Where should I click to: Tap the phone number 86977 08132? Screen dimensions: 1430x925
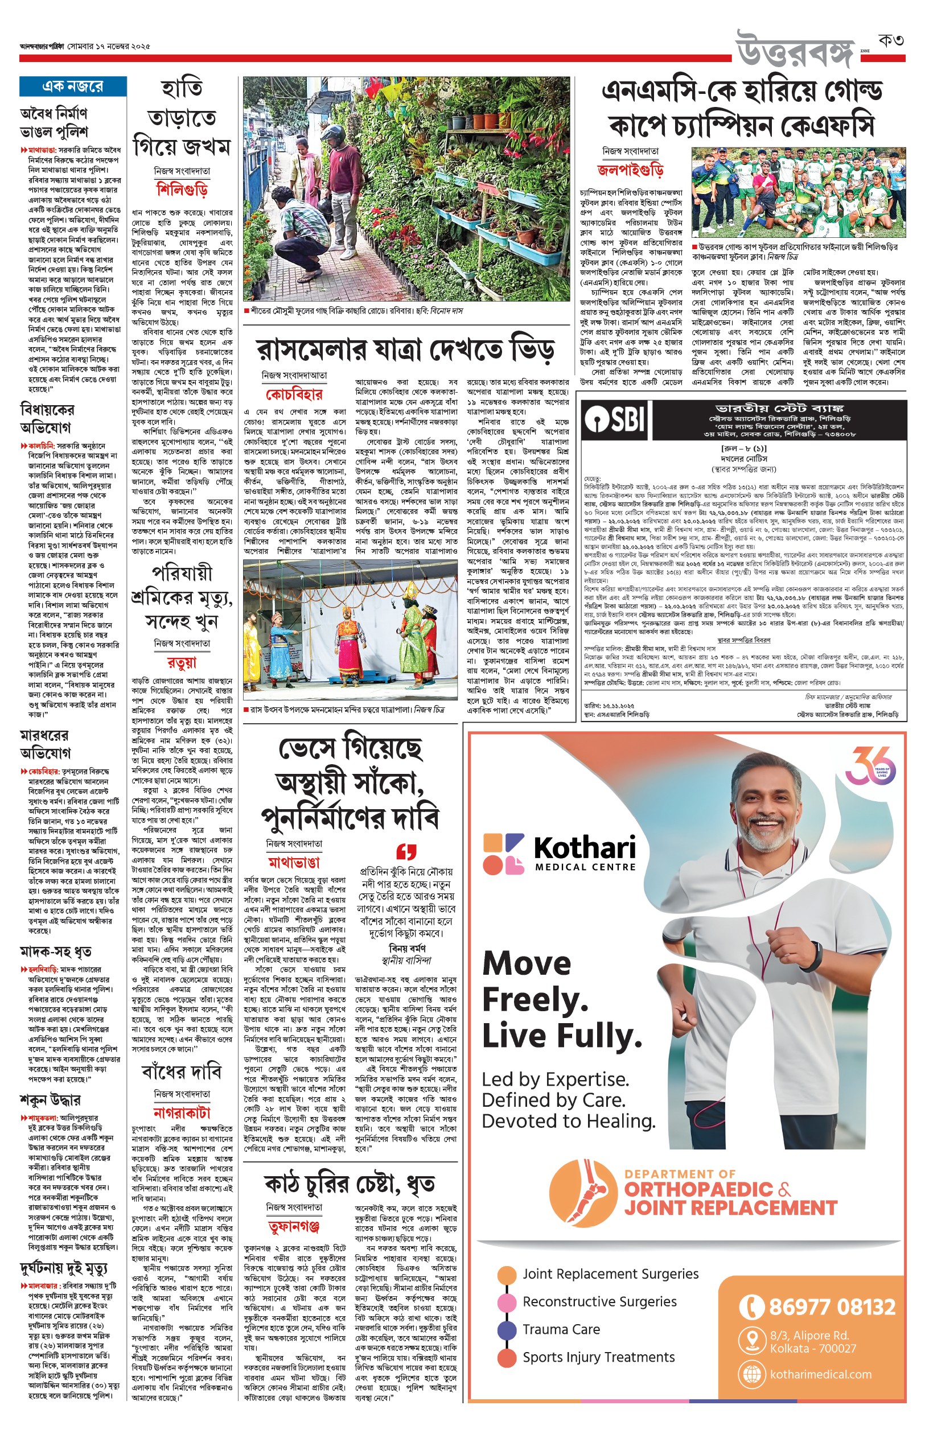[x=831, y=1307]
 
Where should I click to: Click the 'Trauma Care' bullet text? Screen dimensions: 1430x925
[x=561, y=1329]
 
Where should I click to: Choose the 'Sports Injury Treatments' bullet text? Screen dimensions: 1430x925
[x=598, y=1357]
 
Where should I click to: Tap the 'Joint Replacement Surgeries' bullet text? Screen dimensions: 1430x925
[x=610, y=1274]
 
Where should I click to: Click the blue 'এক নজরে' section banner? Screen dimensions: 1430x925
[x=73, y=86]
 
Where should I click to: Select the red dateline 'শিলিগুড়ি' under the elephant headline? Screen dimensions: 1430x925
[x=182, y=190]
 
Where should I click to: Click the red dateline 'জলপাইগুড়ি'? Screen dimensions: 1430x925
[x=630, y=170]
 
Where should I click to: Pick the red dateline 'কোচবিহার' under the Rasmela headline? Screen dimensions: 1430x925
[x=294, y=394]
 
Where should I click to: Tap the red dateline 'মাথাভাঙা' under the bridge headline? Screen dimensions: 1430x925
[x=294, y=863]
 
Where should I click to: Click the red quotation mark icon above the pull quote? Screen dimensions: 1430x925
[x=406, y=851]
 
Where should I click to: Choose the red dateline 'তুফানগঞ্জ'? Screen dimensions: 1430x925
[x=294, y=1226]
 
